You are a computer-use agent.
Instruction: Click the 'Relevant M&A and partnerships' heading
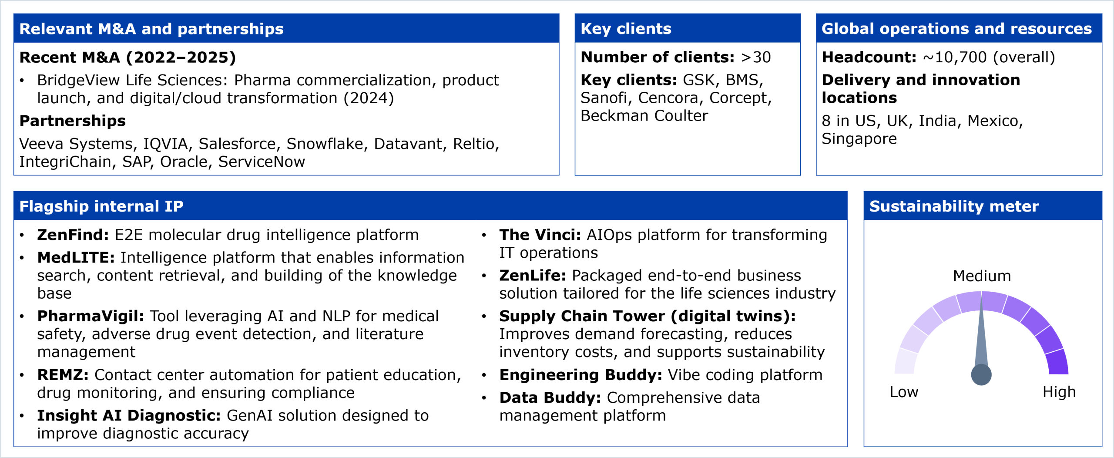click(151, 29)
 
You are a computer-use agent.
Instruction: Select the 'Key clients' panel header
click(626, 29)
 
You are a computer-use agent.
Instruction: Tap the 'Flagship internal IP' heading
click(101, 206)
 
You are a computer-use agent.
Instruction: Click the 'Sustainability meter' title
click(954, 206)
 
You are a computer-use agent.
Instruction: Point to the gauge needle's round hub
click(981, 375)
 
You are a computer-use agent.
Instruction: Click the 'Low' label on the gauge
click(904, 392)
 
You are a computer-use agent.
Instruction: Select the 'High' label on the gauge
click(1059, 392)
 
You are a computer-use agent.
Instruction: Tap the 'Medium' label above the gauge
click(982, 276)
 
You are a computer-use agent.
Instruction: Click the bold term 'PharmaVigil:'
click(91, 316)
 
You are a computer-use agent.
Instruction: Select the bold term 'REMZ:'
click(63, 375)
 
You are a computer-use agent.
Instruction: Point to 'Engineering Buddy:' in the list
click(581, 375)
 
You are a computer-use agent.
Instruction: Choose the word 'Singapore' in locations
click(859, 139)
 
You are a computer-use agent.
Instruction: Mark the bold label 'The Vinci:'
click(540, 235)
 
